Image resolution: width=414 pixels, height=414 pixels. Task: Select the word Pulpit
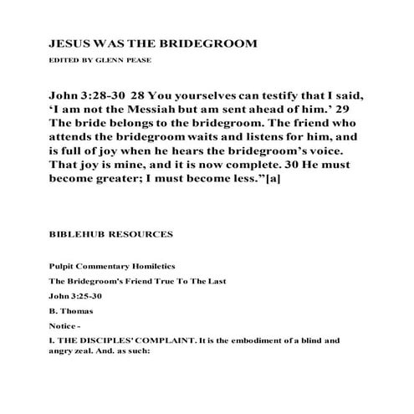point(62,266)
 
